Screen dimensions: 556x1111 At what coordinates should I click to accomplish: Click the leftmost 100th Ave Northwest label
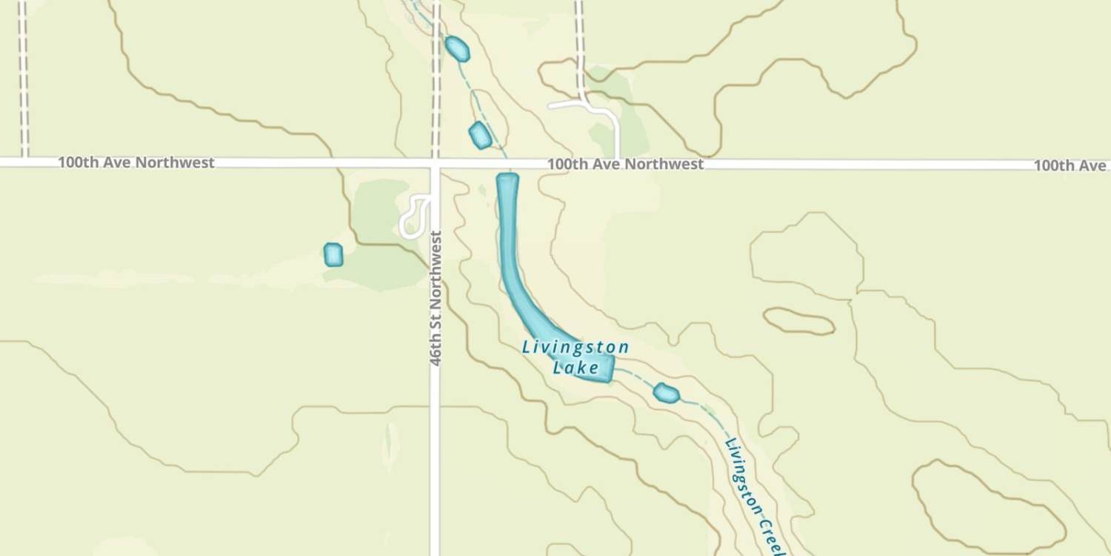(x=136, y=162)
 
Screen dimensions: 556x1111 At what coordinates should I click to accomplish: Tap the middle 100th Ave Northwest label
(x=625, y=164)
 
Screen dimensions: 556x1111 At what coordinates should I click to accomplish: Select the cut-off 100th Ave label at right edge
(x=1071, y=165)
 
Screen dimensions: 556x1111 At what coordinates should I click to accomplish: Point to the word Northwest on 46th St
(x=436, y=274)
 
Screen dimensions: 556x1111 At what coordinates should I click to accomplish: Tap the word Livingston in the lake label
(x=575, y=347)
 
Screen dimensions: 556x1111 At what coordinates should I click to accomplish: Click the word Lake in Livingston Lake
(x=576, y=367)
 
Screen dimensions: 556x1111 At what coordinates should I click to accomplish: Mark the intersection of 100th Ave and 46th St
(x=436, y=162)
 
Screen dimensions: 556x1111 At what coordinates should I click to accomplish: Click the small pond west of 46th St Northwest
(x=333, y=254)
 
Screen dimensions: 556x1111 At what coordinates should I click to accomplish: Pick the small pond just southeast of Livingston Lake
(x=667, y=393)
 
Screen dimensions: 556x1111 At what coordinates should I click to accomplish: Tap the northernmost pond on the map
(x=457, y=49)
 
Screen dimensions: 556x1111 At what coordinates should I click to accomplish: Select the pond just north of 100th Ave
(x=480, y=135)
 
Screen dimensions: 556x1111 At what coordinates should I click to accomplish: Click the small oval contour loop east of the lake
(x=798, y=321)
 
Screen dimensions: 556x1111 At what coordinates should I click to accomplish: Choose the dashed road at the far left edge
(x=24, y=74)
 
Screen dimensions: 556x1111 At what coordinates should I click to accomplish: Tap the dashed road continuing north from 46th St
(x=436, y=74)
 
